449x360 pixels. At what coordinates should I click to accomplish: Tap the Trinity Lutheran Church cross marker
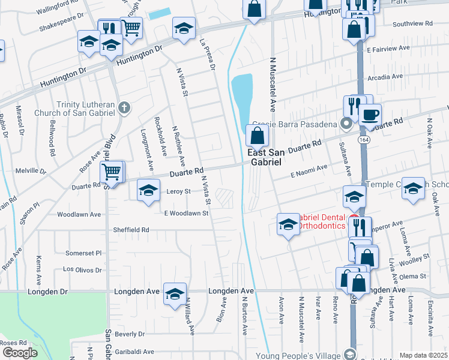124,108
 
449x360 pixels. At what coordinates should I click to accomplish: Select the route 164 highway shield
363,139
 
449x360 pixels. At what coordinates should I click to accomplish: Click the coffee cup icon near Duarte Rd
370,113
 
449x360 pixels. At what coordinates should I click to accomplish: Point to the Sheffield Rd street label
131,230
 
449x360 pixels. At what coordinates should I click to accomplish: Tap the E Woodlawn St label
186,213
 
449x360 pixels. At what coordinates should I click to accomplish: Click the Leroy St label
178,191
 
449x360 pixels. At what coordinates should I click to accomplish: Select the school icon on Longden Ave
175,293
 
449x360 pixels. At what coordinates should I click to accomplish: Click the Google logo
19,353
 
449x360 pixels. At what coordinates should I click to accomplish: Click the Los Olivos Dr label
83,270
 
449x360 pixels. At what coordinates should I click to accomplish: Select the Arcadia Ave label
385,77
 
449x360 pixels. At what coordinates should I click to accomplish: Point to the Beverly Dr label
130,334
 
